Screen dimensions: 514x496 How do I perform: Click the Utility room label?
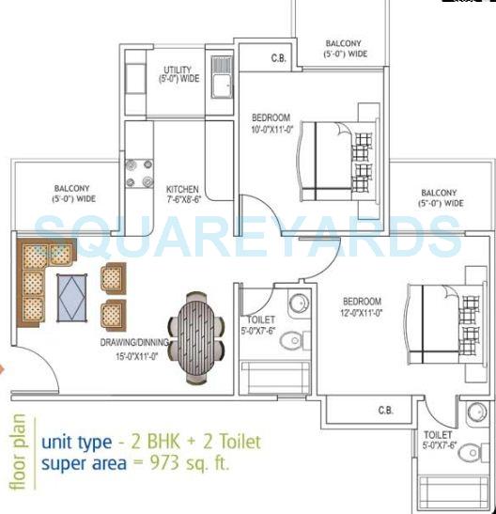[178, 74]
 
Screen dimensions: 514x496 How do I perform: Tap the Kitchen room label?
[182, 193]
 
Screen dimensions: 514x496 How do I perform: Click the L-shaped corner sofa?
[39, 273]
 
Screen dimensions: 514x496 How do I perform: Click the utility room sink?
[223, 86]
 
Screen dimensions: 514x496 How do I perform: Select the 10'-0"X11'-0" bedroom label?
[272, 123]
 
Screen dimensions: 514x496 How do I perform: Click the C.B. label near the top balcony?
[278, 58]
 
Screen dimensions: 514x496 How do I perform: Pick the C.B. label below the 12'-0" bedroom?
[385, 411]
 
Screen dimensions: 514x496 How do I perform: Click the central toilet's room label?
[256, 325]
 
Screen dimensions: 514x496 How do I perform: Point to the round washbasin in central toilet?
[297, 304]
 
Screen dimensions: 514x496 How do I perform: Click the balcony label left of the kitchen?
[72, 194]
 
